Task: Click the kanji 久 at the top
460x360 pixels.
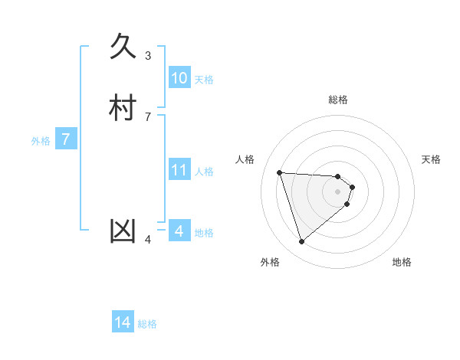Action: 123,47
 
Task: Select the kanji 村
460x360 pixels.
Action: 123,107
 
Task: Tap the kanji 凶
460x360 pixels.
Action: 123,231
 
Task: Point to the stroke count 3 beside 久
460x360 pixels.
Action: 148,55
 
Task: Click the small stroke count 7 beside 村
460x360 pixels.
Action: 148,116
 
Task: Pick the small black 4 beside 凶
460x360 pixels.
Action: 148,240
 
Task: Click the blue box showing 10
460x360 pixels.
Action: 179,78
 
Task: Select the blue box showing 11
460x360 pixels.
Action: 179,170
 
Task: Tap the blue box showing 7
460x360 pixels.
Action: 66,140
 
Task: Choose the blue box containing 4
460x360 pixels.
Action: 179,231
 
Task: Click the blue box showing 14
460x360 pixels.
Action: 123,322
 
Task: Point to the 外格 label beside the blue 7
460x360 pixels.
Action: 41,141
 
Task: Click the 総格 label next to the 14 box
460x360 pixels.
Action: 147,324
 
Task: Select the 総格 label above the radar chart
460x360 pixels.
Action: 337,100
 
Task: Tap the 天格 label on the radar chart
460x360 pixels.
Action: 431,159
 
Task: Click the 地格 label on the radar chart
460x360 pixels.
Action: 402,262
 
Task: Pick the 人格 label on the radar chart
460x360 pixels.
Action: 245,159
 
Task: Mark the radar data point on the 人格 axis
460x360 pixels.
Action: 280,172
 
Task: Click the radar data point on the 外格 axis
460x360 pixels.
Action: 301,242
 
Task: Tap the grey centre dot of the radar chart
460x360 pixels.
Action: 337,191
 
